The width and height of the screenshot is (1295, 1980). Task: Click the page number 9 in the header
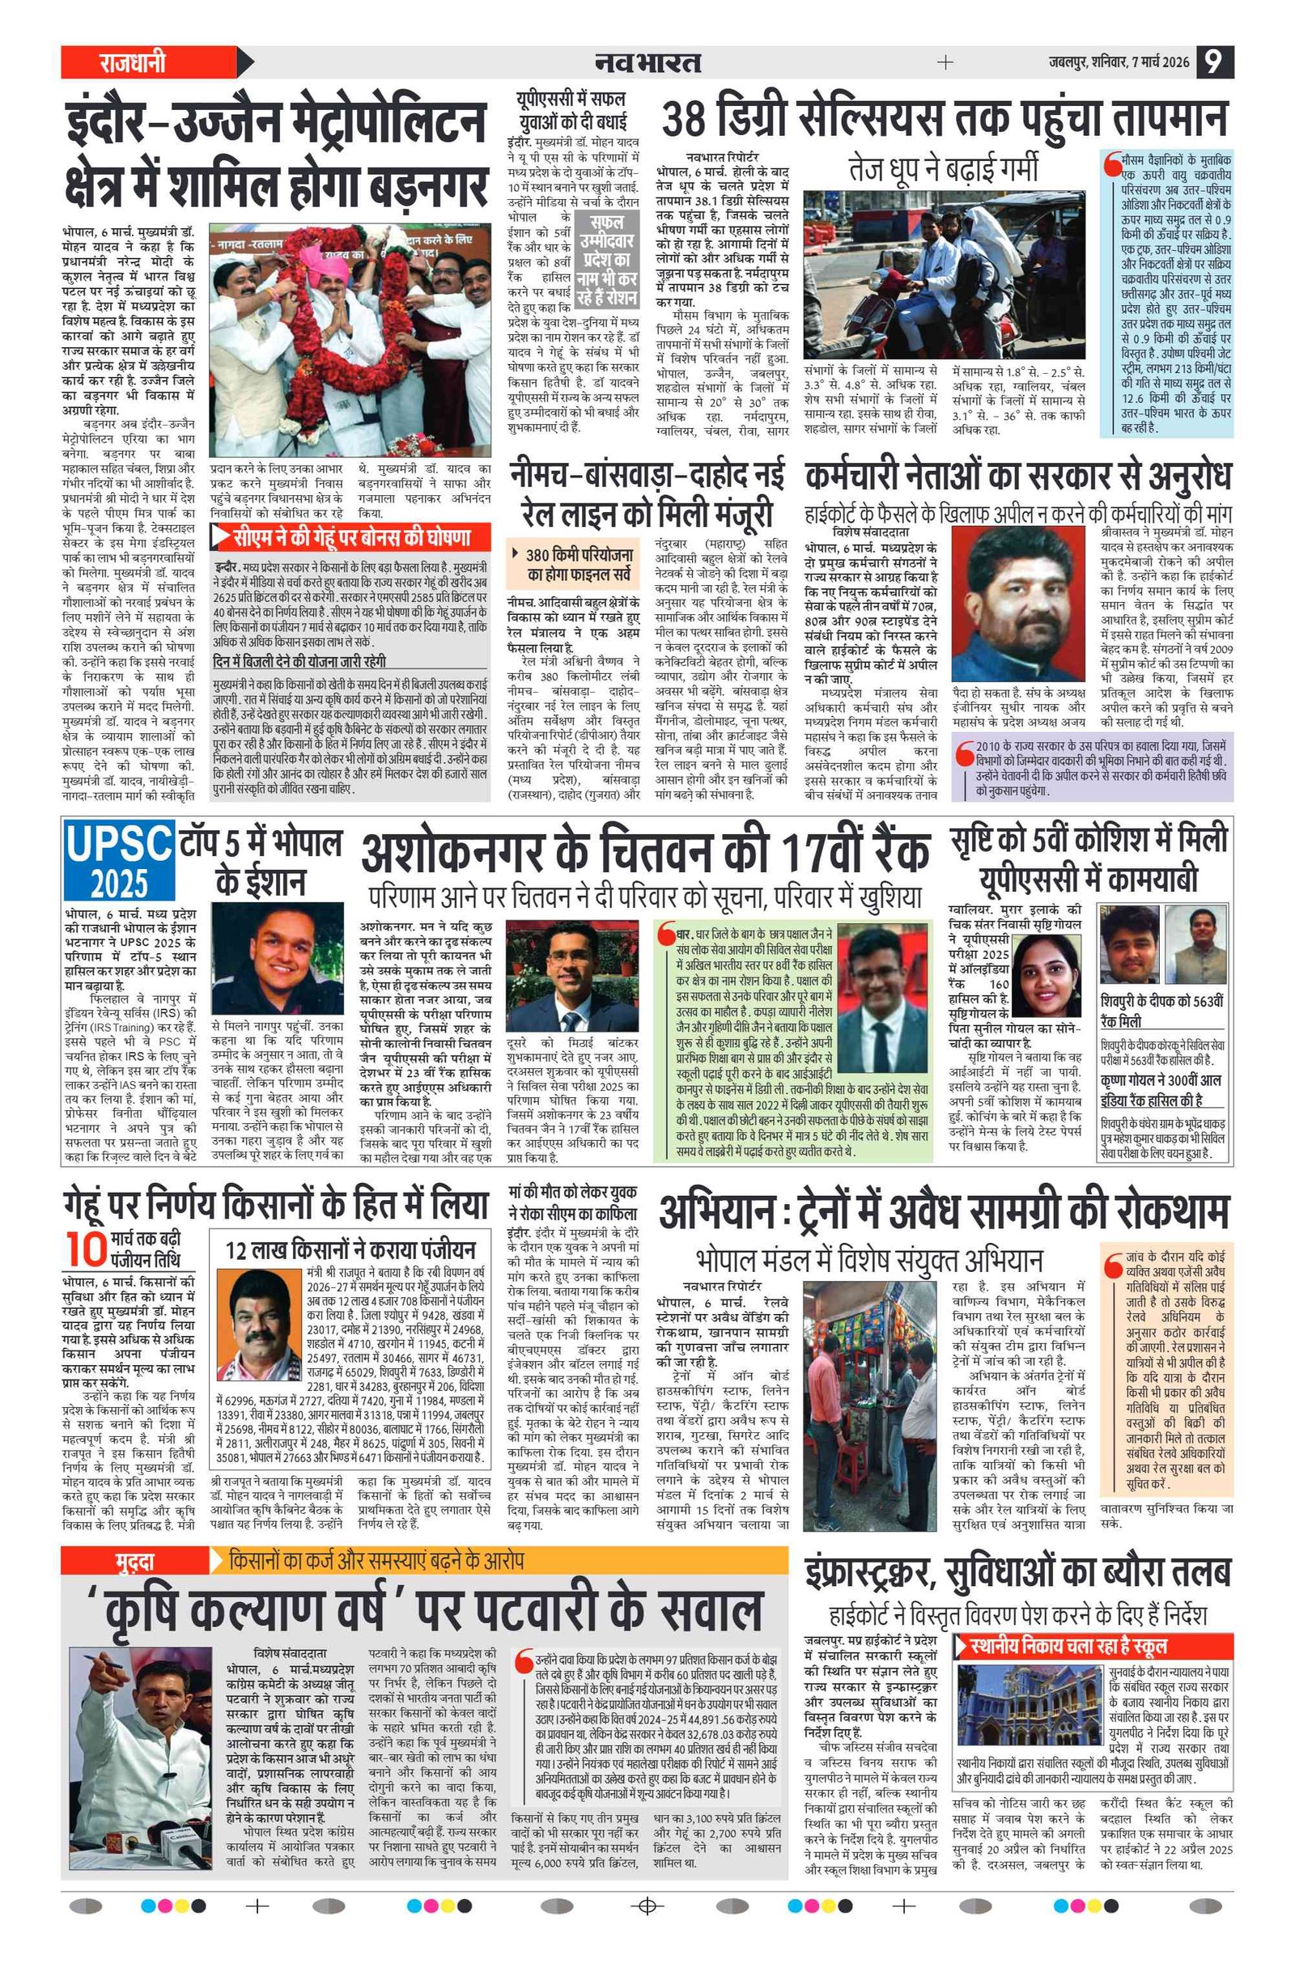[x=1214, y=62]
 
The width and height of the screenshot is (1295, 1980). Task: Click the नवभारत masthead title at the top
[x=647, y=62]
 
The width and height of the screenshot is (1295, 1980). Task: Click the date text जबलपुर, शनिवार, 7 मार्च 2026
[x=1118, y=62]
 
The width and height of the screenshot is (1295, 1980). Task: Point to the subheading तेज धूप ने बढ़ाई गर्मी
[x=943, y=168]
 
